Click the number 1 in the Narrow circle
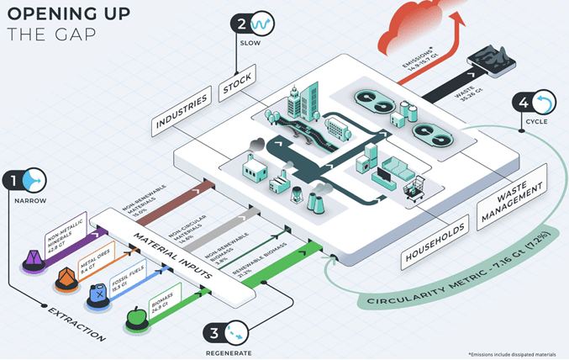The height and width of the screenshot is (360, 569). (x=14, y=180)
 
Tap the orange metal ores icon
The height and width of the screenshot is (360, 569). (x=65, y=277)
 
